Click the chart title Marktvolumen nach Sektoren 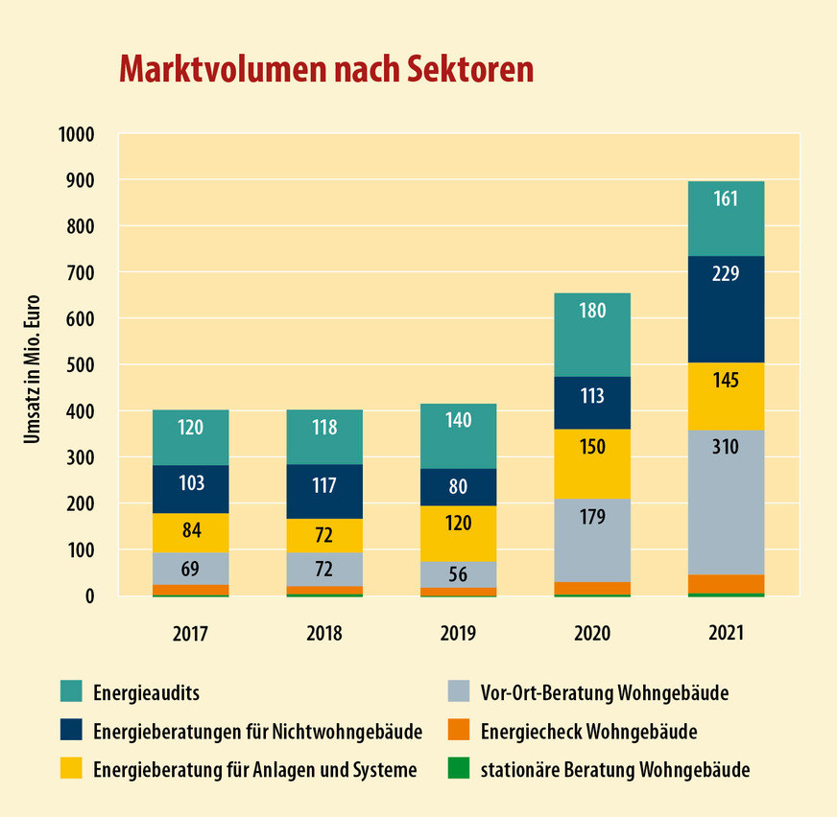point(325,69)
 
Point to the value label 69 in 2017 point(190,570)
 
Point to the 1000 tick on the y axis point(76,134)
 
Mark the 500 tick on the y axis point(81,365)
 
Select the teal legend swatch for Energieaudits point(73,691)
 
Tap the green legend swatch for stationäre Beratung point(461,769)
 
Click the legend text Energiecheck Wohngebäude point(588,732)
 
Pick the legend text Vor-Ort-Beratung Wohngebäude point(605,692)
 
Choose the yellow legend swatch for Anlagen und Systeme point(73,769)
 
